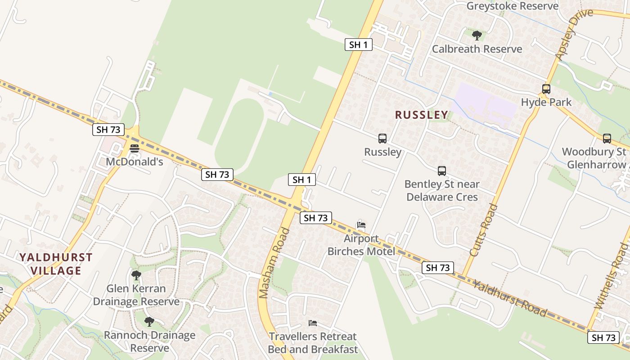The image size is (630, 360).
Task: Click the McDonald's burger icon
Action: coord(134,148)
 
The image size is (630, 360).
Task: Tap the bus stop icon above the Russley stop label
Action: coord(382,139)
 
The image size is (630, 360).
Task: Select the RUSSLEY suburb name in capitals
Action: coord(422,115)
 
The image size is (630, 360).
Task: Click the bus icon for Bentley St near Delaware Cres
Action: coord(442,171)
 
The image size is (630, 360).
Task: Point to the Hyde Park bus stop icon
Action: coord(546,89)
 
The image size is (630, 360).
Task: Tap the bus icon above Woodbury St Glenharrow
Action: coord(607,139)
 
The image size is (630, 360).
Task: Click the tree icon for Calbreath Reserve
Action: coord(477,35)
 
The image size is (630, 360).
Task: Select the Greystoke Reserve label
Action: coord(512,6)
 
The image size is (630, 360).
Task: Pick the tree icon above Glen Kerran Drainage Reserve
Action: coord(136,275)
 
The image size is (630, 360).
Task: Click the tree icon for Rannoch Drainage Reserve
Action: coord(149,322)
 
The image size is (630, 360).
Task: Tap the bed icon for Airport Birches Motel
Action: coord(361,225)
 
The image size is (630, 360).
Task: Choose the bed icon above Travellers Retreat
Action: coord(313,323)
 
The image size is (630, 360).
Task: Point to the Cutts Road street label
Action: coord(484,230)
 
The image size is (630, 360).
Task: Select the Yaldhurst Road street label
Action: coord(510,298)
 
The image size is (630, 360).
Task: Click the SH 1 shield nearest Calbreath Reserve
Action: coord(359,45)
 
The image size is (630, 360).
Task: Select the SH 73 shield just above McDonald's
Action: coord(108,130)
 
